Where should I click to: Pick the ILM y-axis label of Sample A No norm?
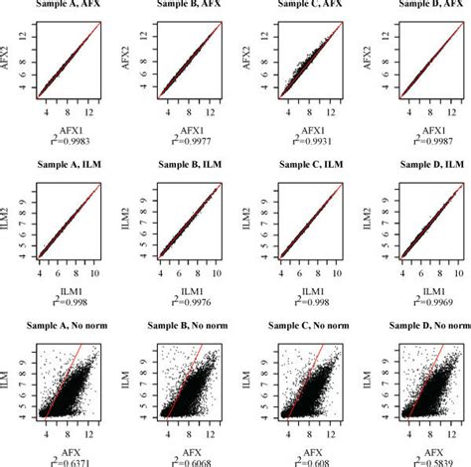tap(13, 375)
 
